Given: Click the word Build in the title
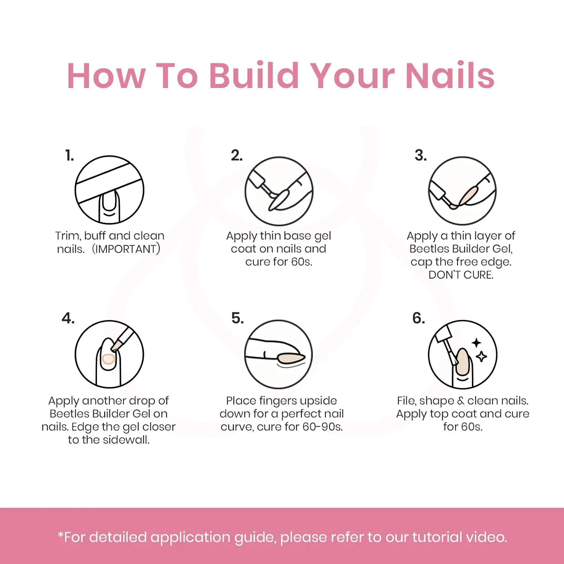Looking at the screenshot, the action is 254,76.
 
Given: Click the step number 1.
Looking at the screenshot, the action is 70,155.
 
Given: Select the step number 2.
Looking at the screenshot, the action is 237,155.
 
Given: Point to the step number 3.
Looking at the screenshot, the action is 421,155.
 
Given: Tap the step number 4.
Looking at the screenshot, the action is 68,318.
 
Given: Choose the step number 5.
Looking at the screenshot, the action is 238,318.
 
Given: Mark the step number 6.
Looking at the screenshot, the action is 419,318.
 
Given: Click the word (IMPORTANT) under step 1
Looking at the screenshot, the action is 126,249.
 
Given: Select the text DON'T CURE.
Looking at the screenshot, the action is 461,275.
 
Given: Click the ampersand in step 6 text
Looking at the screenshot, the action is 461,401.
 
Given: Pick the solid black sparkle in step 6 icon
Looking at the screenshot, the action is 476,343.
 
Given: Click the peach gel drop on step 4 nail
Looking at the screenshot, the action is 108,359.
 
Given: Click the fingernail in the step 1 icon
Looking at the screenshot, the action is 109,200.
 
